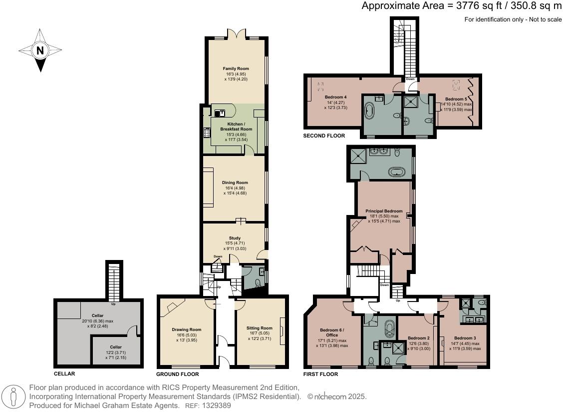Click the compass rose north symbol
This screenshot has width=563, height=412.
pyautogui.click(x=40, y=50)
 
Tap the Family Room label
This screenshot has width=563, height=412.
pyautogui.click(x=236, y=68)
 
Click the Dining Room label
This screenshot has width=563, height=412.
pyautogui.click(x=235, y=182)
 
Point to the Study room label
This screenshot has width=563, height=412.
pyautogui.click(x=235, y=238)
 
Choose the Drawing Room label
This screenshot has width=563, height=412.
pyautogui.click(x=187, y=329)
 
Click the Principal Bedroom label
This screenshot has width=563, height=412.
pyautogui.click(x=384, y=211)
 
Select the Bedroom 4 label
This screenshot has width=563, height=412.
pyautogui.click(x=335, y=97)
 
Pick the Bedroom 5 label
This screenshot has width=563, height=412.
pyautogui.click(x=456, y=99)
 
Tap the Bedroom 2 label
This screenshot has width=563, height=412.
pyautogui.click(x=419, y=338)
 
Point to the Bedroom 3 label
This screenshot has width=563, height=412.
pyautogui.click(x=465, y=338)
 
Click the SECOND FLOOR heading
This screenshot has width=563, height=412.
pyautogui.click(x=324, y=135)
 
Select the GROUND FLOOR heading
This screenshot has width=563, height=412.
pyautogui.click(x=178, y=374)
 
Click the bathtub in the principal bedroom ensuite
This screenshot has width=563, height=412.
pyautogui.click(x=397, y=172)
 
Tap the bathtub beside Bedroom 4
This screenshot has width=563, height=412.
pyautogui.click(x=369, y=110)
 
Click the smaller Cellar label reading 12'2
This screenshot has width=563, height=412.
pyautogui.click(x=116, y=346)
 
